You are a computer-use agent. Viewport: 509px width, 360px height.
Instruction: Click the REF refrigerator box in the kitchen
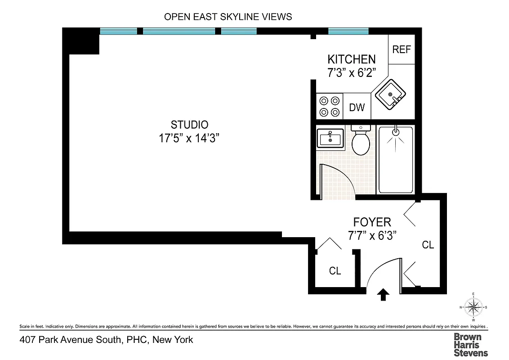[x=402, y=49]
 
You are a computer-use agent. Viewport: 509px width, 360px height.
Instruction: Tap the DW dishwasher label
[x=357, y=108]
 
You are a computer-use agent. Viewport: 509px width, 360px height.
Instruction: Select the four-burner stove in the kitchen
[x=329, y=106]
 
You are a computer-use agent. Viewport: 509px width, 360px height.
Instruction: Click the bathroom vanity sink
[x=330, y=138]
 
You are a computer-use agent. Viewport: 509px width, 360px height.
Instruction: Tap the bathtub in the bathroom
[x=395, y=159]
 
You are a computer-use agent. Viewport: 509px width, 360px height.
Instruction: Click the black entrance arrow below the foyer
[x=383, y=295]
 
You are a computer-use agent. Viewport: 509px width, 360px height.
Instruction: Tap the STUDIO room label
[x=189, y=125]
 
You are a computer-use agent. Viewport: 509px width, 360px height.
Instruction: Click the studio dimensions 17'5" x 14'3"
[x=189, y=138]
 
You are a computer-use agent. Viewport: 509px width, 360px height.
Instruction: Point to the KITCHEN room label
[x=351, y=59]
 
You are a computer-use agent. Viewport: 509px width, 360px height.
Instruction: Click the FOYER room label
[x=372, y=222]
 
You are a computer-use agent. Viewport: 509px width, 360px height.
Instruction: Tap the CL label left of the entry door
[x=335, y=271]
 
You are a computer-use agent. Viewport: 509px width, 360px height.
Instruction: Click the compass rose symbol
[x=473, y=307]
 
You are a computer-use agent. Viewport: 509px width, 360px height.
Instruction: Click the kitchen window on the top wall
[x=348, y=31]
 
